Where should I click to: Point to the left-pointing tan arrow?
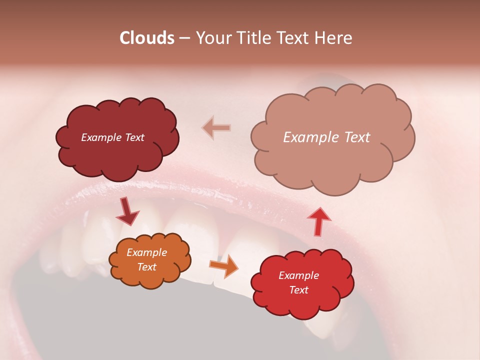click(x=216, y=127)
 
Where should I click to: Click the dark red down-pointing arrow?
click(x=127, y=211)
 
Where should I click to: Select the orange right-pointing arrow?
click(x=224, y=266)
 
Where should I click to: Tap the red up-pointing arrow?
click(x=318, y=221)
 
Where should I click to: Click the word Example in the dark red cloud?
click(x=101, y=137)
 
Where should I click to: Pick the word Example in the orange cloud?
click(x=147, y=252)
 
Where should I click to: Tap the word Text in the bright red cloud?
click(x=299, y=290)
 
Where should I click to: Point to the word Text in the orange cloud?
click(x=147, y=267)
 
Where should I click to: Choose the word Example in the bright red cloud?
click(x=299, y=275)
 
